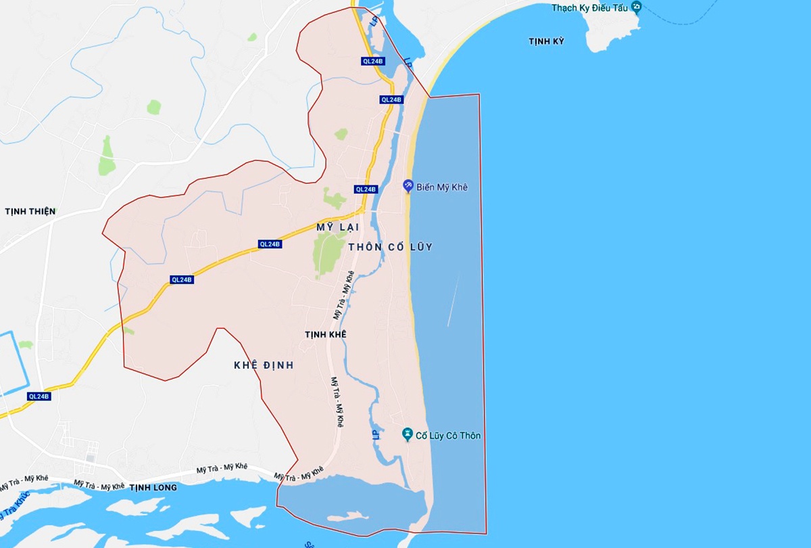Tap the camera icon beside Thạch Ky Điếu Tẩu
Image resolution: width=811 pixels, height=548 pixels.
pyautogui.click(x=636, y=7)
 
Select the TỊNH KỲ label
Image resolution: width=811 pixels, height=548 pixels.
pyautogui.click(x=546, y=42)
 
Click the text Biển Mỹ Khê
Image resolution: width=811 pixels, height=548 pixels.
pyautogui.click(x=442, y=187)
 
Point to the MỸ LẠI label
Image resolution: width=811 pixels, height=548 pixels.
pyautogui.click(x=337, y=229)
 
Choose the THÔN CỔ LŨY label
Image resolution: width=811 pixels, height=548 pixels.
pyautogui.click(x=390, y=247)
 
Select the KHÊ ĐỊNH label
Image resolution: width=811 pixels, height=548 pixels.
pyautogui.click(x=264, y=365)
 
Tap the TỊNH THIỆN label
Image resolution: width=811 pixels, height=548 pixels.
pyautogui.click(x=30, y=212)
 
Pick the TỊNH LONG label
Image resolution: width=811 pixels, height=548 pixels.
pyautogui.click(x=153, y=488)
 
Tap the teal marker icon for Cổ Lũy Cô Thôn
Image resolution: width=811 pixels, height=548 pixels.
pyautogui.click(x=407, y=434)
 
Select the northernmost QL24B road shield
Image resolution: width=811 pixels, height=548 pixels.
pyautogui.click(x=372, y=61)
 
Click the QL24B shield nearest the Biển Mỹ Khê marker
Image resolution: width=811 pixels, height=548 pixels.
pyautogui.click(x=366, y=189)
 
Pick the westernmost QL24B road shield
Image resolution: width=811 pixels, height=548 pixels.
pyautogui.click(x=39, y=396)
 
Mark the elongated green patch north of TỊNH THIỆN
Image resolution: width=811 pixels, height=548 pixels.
pyautogui.click(x=106, y=156)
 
